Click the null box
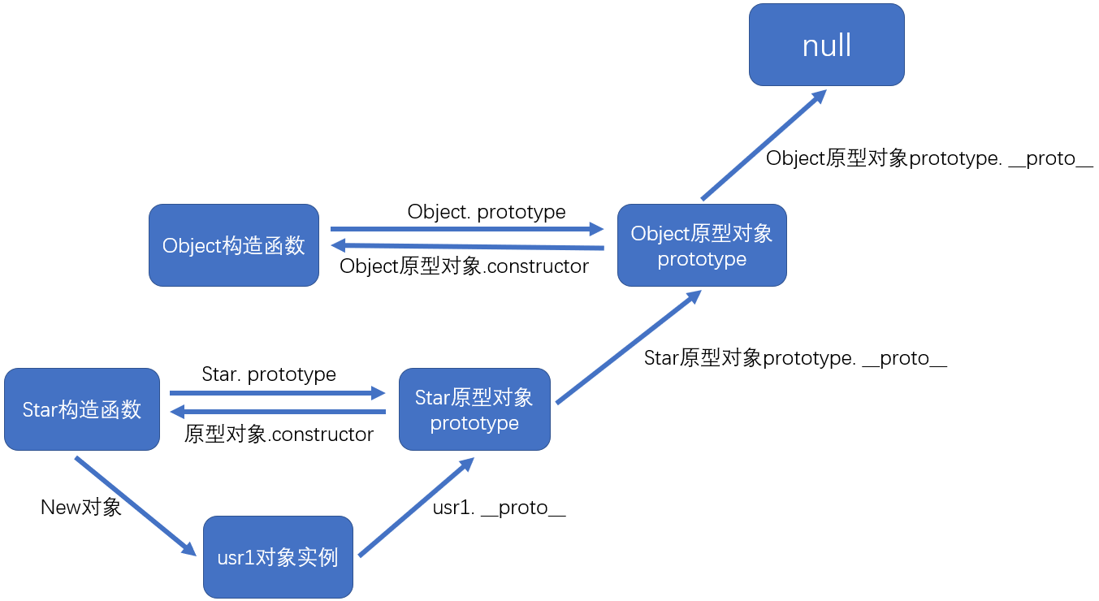point(826,45)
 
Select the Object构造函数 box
point(234,245)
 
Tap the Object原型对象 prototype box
point(702,245)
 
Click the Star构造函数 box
point(82,409)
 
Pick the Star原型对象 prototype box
point(474,409)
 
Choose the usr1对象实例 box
point(278,557)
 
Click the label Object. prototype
point(487,212)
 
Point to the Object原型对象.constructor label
point(464,266)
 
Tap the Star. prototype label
point(269,374)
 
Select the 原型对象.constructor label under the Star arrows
point(279,435)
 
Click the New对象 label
point(81,507)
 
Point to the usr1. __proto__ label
point(499,508)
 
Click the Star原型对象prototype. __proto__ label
point(795,358)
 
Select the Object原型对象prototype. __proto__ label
point(929,158)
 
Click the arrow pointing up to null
point(764,145)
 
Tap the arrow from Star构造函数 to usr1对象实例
point(136,506)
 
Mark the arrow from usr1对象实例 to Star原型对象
point(417,507)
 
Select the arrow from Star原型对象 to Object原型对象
point(629,347)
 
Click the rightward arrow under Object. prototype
point(467,229)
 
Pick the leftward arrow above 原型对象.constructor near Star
point(278,412)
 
